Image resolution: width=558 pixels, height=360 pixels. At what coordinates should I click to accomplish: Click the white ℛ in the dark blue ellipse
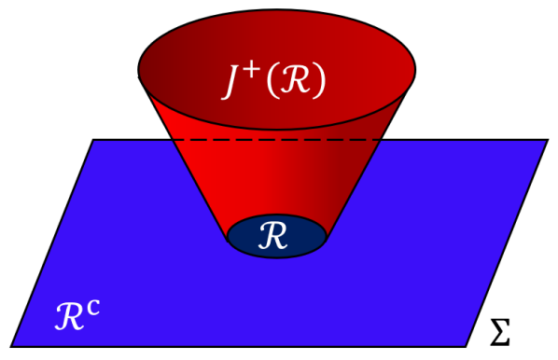pyautogui.click(x=277, y=237)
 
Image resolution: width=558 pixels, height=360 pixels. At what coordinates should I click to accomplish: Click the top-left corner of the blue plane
pyautogui.click(x=93, y=140)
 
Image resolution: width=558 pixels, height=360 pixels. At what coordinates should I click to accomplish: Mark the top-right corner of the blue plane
pyautogui.click(x=548, y=140)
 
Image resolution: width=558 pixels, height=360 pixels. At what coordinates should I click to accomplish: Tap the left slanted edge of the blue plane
pyautogui.click(x=51, y=243)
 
